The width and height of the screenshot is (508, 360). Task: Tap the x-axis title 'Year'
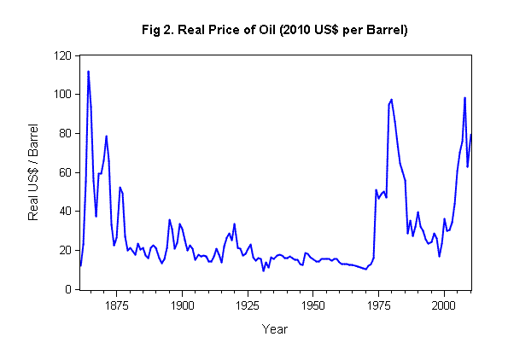[275, 328]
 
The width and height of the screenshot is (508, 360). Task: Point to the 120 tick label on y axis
[61, 55]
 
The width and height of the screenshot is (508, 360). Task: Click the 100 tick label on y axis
[61, 94]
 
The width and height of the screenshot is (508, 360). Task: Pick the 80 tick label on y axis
[63, 133]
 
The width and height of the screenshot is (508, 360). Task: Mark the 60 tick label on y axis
[63, 172]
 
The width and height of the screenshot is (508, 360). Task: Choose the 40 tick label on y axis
[63, 212]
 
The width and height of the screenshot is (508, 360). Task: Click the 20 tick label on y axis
[63, 251]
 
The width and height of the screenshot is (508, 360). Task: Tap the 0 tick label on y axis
[67, 290]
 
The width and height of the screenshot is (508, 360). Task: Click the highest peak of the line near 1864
[88, 72]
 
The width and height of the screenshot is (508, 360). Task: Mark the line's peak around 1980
[391, 99]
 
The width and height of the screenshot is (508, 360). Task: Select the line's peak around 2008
[464, 97]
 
